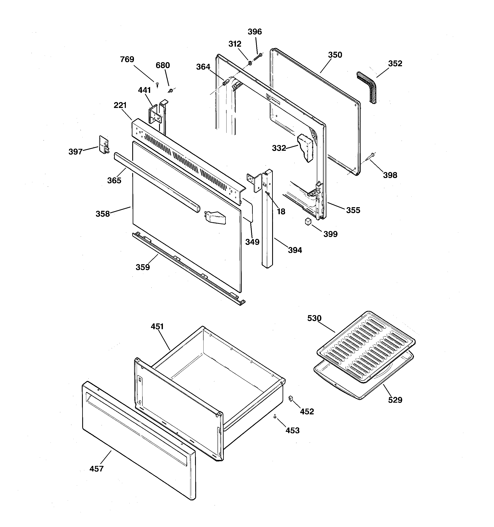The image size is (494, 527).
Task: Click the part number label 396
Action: coord(254,32)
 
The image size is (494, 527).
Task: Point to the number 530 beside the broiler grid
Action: coord(314,318)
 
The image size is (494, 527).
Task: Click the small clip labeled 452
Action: coord(290,398)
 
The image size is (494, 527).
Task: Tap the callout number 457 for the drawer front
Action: coord(96,469)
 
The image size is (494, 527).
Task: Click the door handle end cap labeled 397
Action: coord(104,145)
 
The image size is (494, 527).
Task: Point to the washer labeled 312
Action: coord(250,63)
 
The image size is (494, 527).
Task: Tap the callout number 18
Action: coord(281,211)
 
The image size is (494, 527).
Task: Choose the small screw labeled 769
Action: coord(158,84)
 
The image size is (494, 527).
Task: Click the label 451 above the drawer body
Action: coord(157,327)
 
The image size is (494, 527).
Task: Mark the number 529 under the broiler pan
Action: coord(395,400)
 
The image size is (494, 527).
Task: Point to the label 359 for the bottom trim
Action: coord(143,267)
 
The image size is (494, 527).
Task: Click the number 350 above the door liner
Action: coord(335,55)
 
